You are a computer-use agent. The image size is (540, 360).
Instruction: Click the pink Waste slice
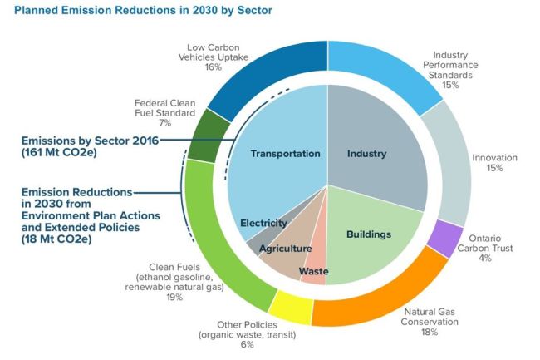315,265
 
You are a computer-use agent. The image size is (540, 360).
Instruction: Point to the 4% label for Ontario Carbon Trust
484,259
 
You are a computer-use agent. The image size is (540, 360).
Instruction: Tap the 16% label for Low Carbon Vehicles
213,67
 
